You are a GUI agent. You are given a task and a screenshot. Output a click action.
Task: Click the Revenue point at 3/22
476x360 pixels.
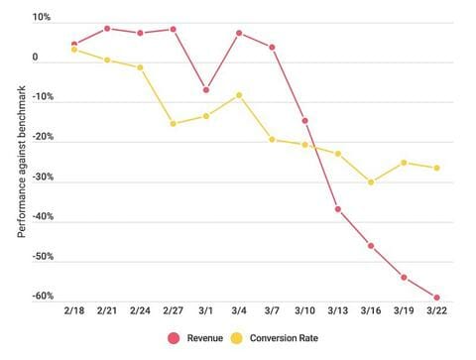436,298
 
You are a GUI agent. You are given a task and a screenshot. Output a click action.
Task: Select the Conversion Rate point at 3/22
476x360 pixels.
436,168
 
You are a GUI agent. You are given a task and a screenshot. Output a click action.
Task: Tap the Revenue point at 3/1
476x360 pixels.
206,90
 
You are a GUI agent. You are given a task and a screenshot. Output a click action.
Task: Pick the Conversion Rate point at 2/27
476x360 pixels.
174,124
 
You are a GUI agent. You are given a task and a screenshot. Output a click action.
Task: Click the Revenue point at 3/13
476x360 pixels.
338,209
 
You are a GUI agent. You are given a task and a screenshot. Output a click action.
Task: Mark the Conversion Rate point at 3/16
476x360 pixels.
371,182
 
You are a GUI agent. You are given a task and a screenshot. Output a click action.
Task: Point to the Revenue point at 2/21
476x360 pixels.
107,29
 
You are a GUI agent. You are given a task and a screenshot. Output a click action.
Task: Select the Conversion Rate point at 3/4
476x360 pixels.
239,95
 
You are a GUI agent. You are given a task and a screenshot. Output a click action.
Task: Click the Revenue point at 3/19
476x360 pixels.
404,278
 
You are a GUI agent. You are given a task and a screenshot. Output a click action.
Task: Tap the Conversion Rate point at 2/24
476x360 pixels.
140,67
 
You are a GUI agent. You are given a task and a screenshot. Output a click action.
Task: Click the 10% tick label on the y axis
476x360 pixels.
41,19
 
